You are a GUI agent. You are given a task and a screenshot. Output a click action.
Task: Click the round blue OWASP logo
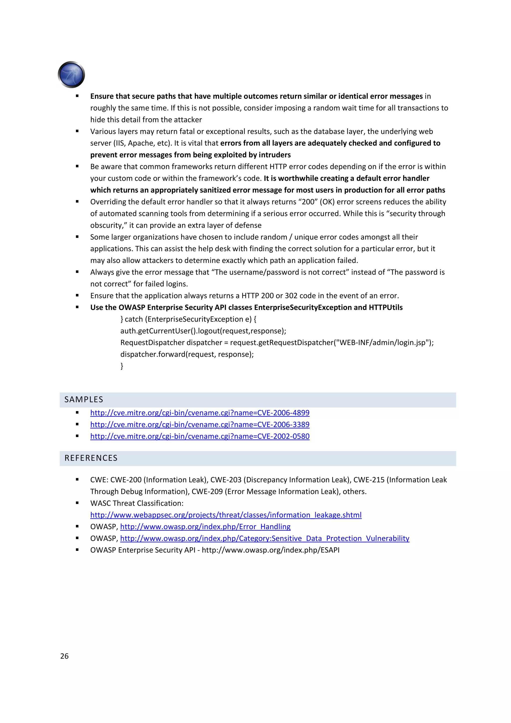[71, 75]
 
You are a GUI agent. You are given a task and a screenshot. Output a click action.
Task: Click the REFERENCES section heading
[91, 458]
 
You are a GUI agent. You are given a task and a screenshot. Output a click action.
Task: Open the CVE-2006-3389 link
[200, 424]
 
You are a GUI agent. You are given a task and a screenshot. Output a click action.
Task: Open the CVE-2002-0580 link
[200, 436]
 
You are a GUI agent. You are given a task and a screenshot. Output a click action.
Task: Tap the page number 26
[64, 656]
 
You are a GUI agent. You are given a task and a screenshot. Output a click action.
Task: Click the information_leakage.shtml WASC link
[226, 515]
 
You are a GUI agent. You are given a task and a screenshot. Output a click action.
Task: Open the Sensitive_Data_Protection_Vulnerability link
[264, 538]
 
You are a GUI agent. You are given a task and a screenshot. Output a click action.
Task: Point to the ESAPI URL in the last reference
[270, 550]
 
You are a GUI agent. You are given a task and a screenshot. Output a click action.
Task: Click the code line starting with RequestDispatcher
[277, 342]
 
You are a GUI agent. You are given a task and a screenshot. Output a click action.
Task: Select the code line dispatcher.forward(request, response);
[187, 354]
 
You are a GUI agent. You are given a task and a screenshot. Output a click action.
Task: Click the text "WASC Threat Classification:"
[137, 503]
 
